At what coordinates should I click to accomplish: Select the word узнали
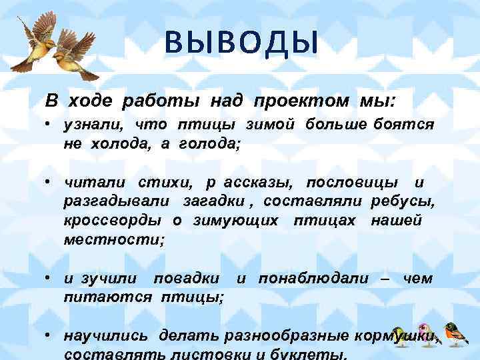pyautogui.click(x=94, y=125)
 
